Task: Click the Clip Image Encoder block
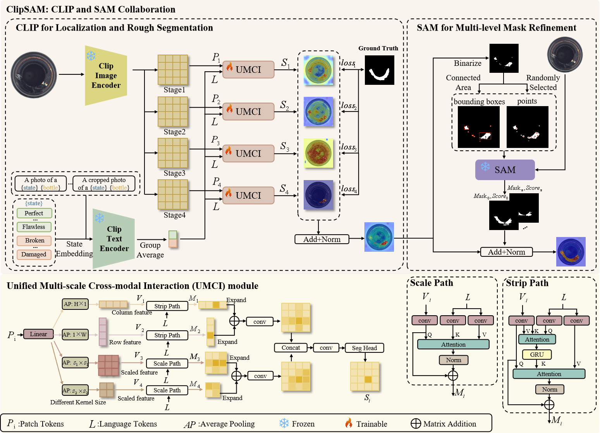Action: click(x=106, y=76)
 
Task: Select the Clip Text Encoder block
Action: click(x=114, y=239)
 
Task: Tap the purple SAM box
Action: click(x=505, y=170)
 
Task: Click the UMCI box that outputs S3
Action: click(x=248, y=154)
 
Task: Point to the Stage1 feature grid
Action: click(x=173, y=70)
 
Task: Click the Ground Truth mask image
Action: click(x=379, y=70)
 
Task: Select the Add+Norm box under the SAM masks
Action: click(x=506, y=252)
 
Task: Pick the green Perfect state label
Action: click(x=34, y=213)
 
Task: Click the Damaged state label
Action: click(x=34, y=254)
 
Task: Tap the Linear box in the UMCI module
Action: click(x=38, y=334)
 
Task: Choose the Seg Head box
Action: click(x=364, y=348)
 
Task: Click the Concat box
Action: click(x=291, y=348)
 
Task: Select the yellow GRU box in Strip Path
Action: click(x=537, y=354)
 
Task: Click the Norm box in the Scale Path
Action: click(x=454, y=360)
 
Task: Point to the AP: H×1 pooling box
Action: click(x=75, y=304)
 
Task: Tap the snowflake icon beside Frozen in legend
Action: click(x=284, y=423)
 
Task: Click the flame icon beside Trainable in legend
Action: click(x=349, y=423)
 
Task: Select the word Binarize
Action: click(x=468, y=63)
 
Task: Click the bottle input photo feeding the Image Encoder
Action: click(x=34, y=75)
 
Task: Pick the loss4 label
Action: click(x=349, y=189)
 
